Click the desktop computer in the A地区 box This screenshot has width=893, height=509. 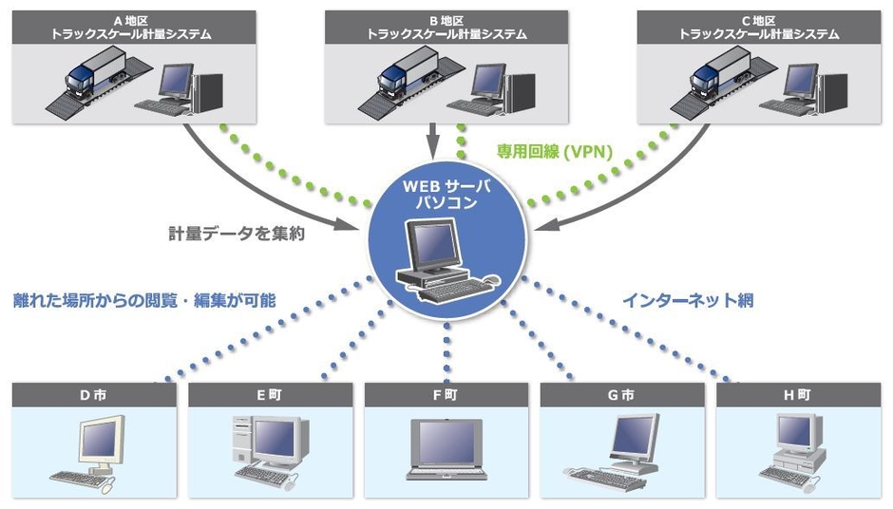click(185, 90)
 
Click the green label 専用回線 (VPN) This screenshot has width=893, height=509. click(555, 150)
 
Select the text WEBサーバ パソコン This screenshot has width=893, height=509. click(446, 193)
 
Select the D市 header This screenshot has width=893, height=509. click(93, 394)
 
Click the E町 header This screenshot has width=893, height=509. click(269, 394)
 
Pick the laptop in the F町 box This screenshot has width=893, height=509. click(446, 451)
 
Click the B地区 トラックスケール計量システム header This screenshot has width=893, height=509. click(446, 27)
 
